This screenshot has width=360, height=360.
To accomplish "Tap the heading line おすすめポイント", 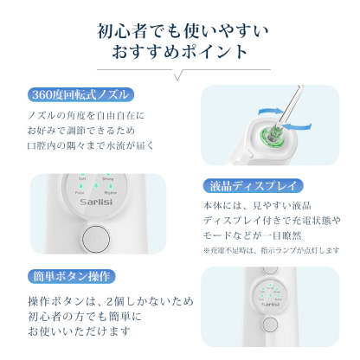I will [x=179, y=53].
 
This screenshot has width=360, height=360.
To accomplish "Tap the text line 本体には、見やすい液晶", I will [x=267, y=205].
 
